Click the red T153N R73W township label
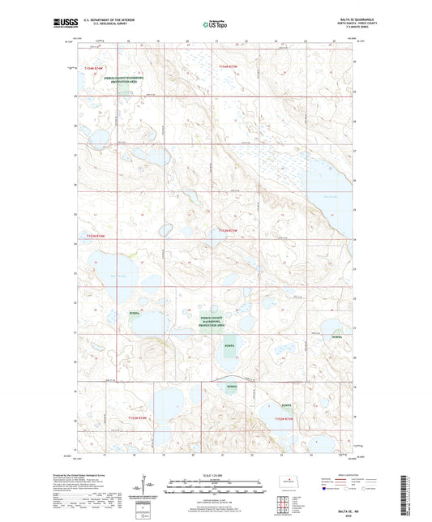pyautogui.click(x=229, y=231)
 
